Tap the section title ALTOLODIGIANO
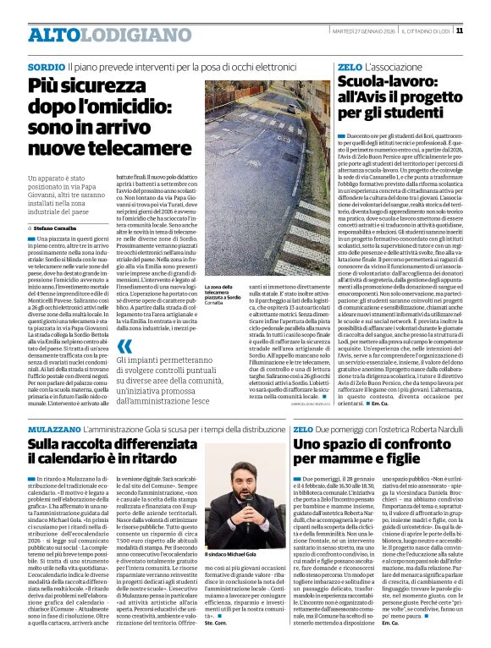click(x=94, y=35)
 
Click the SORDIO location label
click(x=46, y=66)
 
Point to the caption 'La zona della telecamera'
click(x=223, y=293)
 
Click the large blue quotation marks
click(x=124, y=346)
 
